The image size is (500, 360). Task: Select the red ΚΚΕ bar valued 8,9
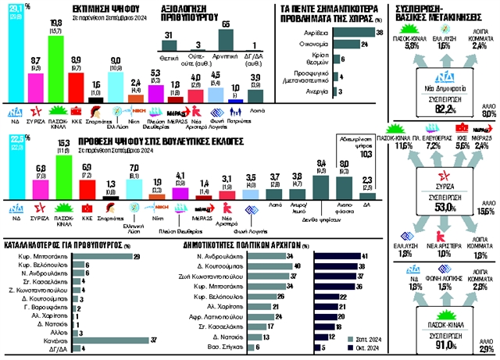[77, 77]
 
